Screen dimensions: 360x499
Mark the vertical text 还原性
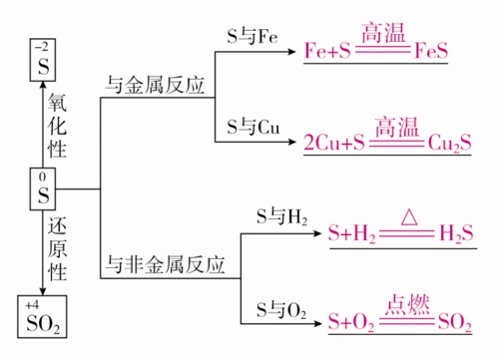click(x=57, y=245)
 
